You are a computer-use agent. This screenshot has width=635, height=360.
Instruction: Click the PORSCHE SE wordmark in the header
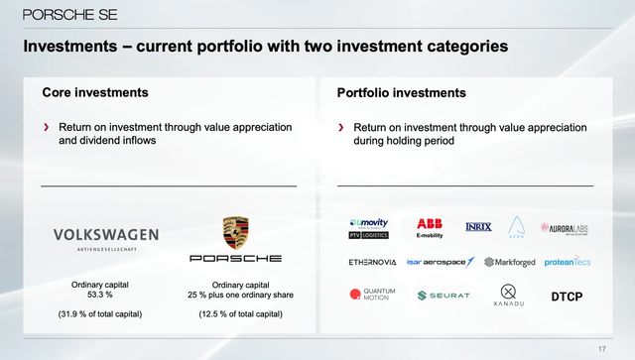point(63,15)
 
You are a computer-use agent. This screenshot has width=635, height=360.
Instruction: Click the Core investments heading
point(95,92)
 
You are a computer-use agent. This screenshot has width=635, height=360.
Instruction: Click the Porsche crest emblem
point(236,233)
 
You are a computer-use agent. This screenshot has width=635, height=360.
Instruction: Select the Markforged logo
point(506,262)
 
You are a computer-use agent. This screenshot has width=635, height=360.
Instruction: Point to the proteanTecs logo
point(567,262)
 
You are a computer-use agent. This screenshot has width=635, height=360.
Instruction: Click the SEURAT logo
point(444,296)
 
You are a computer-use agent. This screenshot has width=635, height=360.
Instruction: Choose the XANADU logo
point(508,295)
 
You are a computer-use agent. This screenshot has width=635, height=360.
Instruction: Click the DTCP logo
point(567,296)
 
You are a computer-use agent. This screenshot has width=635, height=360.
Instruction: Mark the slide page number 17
point(601,347)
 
